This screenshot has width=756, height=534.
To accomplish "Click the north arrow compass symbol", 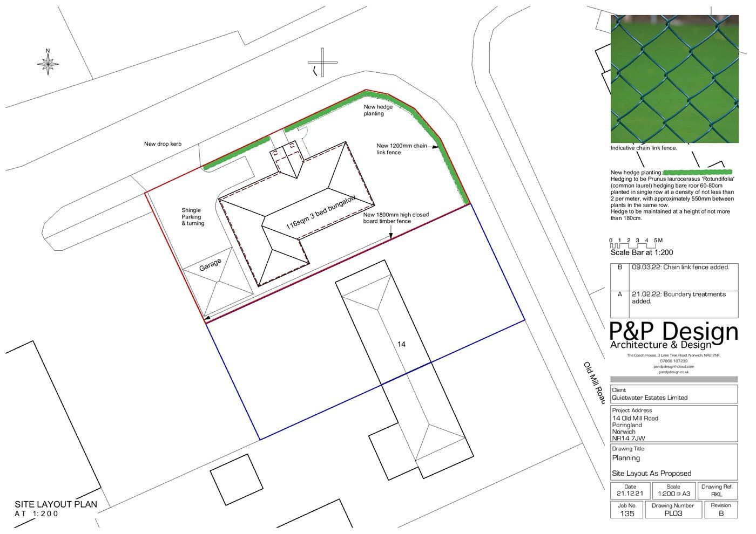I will (x=48, y=64).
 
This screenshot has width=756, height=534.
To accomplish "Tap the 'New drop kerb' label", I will (x=163, y=144).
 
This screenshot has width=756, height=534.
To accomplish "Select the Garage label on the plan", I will (x=210, y=264).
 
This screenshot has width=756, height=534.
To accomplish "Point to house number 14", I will (x=401, y=344).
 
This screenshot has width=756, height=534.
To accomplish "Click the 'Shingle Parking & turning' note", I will (x=193, y=217).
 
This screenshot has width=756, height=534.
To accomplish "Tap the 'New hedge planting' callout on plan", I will (x=377, y=110).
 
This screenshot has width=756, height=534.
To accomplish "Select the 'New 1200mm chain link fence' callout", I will (x=401, y=149).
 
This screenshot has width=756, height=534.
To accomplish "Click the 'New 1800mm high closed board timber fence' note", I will (x=395, y=218).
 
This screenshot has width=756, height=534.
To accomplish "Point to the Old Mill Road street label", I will (x=593, y=382).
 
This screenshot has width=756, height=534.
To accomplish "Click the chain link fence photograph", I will (x=674, y=79).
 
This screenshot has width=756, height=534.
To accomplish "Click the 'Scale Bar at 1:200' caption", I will (x=642, y=252).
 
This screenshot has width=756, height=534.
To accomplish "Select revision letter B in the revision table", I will (x=620, y=268).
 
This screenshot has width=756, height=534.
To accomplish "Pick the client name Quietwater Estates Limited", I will (x=650, y=398).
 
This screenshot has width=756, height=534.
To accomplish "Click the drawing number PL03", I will (x=673, y=514).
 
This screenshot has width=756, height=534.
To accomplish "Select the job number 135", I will (x=627, y=514).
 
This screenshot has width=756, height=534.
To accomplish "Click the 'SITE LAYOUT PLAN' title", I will (x=56, y=505).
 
